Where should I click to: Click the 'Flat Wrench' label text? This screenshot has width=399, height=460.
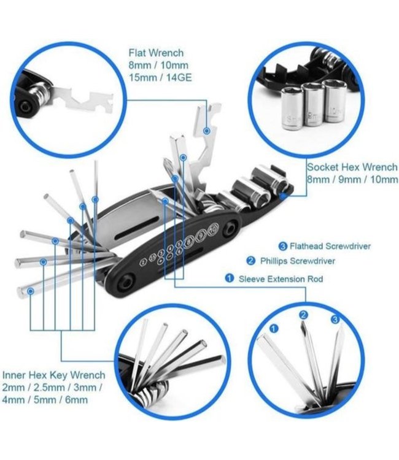(x=156, y=53)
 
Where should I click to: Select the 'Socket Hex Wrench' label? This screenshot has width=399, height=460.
(x=348, y=167)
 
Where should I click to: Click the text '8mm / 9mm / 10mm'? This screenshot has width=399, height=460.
(x=344, y=179)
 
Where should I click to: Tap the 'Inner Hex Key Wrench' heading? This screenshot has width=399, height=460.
(x=54, y=375)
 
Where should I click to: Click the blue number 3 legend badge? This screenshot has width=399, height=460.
(x=282, y=247)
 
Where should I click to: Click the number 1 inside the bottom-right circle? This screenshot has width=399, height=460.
(x=274, y=329)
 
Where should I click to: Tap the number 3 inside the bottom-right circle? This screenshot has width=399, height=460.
(x=335, y=320)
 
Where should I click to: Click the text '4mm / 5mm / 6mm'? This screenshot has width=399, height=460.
(x=45, y=400)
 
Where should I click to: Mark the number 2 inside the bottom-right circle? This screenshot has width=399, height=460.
(x=303, y=315)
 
